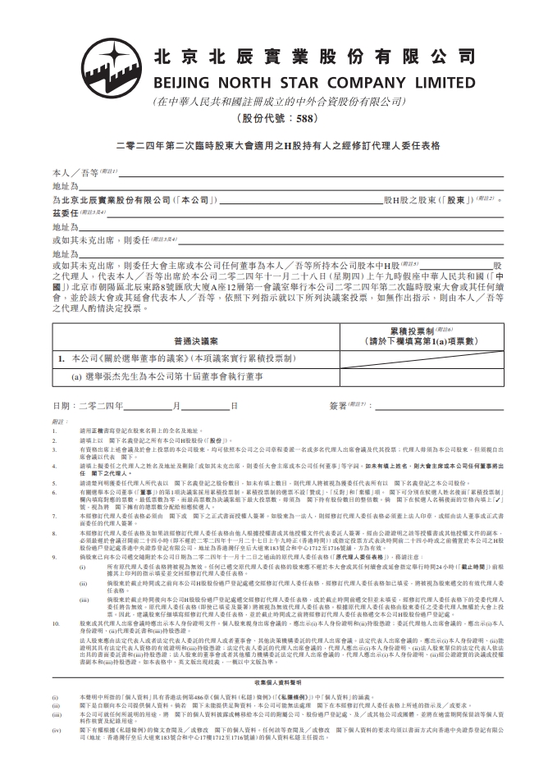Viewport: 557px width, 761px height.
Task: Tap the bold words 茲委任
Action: click(x=65, y=212)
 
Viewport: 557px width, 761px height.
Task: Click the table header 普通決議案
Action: click(x=195, y=339)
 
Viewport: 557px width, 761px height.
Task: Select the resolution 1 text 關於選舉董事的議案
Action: click(x=165, y=358)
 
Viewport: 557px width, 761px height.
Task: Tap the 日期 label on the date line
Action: click(x=62, y=406)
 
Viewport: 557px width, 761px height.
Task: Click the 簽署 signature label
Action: click(x=338, y=406)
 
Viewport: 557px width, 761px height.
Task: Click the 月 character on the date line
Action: click(x=175, y=406)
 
